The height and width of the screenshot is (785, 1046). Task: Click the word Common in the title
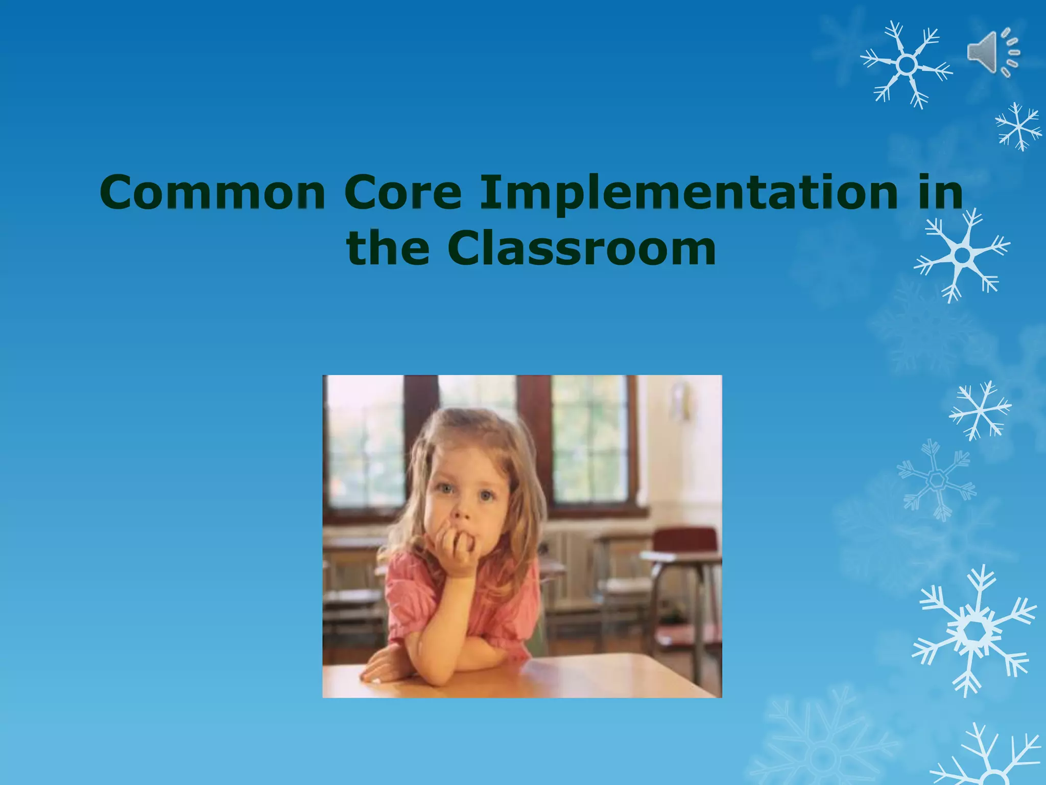tap(212, 192)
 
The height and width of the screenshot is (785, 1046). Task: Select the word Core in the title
tap(402, 192)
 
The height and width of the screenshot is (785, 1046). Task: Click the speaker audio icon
tap(992, 53)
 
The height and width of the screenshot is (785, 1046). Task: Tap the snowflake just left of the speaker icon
tap(907, 65)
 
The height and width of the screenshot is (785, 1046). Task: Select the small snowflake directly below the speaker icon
tap(1018, 126)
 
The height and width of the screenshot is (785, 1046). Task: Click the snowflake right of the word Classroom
tap(962, 255)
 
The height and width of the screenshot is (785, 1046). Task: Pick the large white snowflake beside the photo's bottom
tap(974, 632)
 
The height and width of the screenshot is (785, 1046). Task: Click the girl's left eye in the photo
tap(485, 495)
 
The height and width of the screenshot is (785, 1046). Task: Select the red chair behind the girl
tap(684, 542)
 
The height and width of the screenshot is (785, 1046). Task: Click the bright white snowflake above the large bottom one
tap(980, 410)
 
